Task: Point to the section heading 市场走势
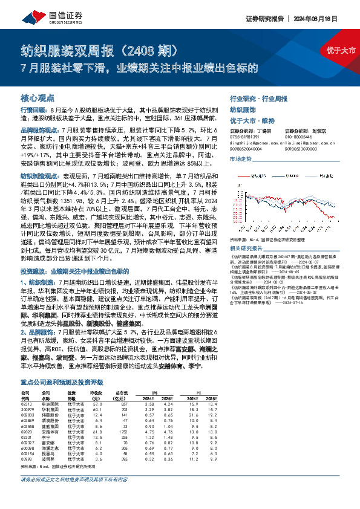point(240,159)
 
